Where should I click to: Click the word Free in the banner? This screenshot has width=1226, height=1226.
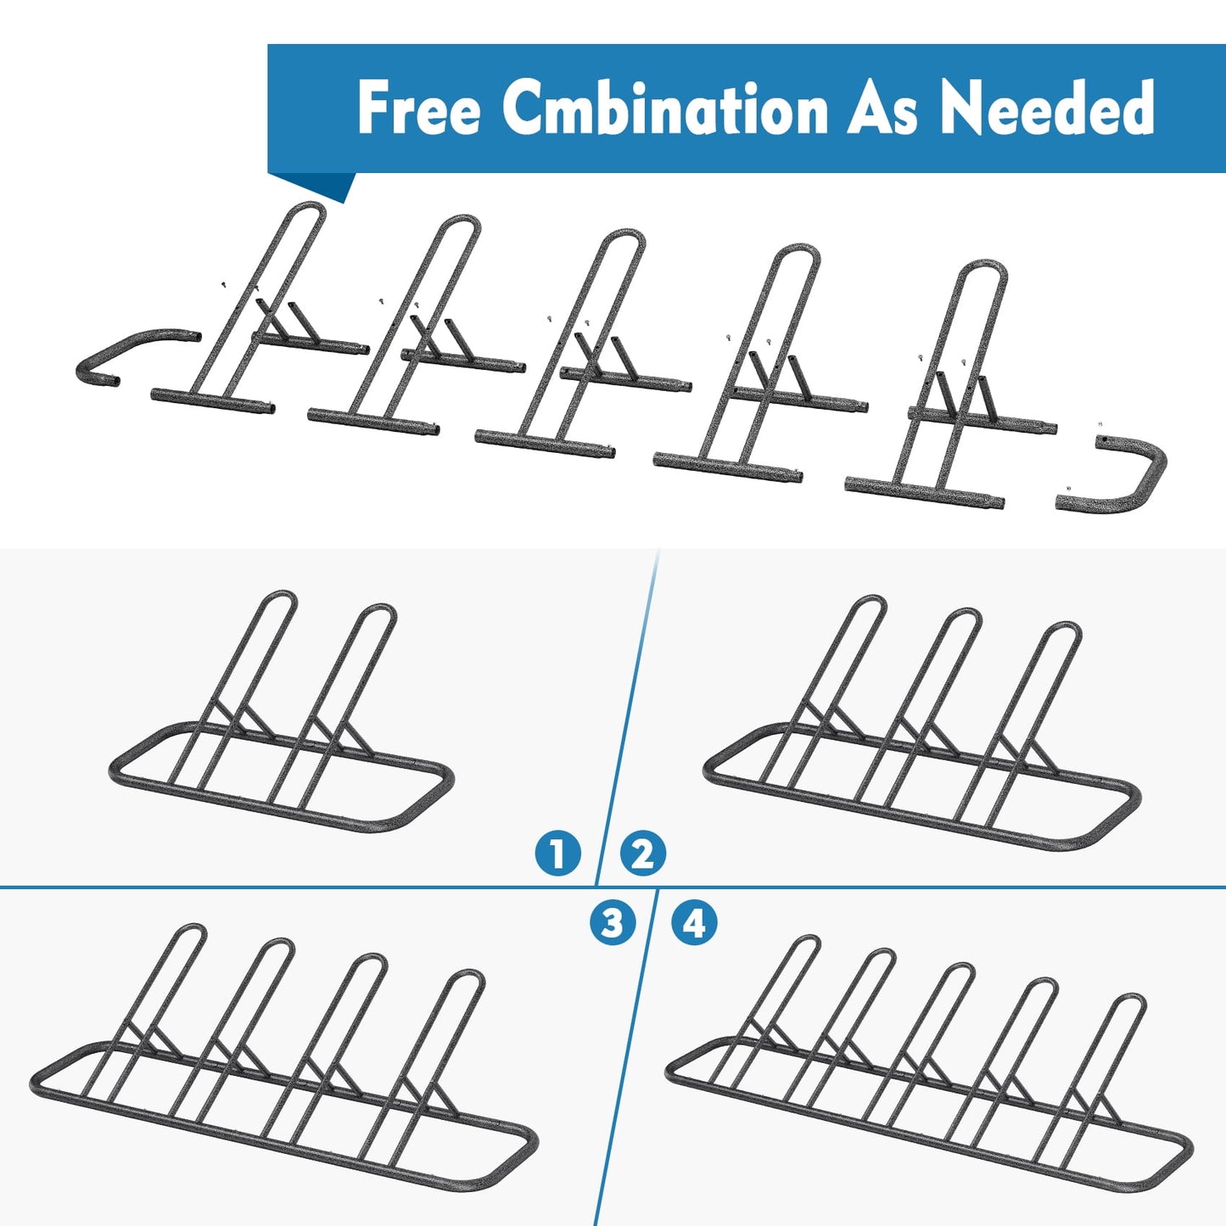coord(418,108)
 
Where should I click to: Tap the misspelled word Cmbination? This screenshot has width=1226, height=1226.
coord(665,108)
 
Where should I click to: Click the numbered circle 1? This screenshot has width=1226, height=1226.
coord(558,854)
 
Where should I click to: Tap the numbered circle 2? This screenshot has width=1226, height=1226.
coord(642,854)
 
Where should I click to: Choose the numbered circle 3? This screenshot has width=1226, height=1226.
coord(612,922)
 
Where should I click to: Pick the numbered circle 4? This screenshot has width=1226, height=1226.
coord(694,922)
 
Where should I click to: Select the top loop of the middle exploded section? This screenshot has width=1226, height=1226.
coord(624,234)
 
